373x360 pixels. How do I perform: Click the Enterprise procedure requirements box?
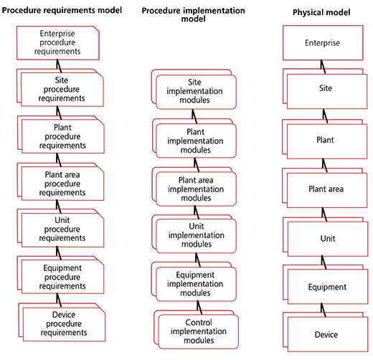pyautogui.click(x=58, y=43)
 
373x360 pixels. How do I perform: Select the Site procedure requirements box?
pyautogui.click(x=60, y=87)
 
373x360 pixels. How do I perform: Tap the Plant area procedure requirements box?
pyautogui.click(x=60, y=182)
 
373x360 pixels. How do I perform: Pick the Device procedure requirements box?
pyautogui.click(x=62, y=323)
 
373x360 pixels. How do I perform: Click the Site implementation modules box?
pyautogui.click(x=194, y=90)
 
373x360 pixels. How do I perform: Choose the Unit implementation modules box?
pyautogui.click(x=194, y=234)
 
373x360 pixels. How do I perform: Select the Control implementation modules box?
pyautogui.click(x=197, y=330)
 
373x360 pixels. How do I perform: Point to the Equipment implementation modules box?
pyautogui.click(x=194, y=282)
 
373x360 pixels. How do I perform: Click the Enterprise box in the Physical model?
pyautogui.click(x=323, y=43)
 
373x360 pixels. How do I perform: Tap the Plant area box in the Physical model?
pyautogui.click(x=325, y=188)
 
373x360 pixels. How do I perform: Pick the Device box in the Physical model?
pyautogui.click(x=326, y=332)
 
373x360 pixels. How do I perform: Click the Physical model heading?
pyautogui.click(x=321, y=12)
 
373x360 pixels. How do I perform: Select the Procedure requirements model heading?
pyautogui.click(x=62, y=10)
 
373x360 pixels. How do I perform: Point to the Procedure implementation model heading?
pyautogui.click(x=193, y=14)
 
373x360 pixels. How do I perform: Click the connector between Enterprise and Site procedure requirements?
pyautogui.click(x=59, y=66)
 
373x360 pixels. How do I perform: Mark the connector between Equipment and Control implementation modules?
pyautogui.click(x=199, y=308)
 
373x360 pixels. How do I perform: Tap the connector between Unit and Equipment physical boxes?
pyautogui.click(x=324, y=262)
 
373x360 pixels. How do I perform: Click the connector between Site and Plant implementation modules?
pyautogui.click(x=194, y=116)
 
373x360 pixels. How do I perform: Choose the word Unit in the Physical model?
pyautogui.click(x=328, y=238)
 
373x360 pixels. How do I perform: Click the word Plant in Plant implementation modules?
pyautogui.click(x=195, y=132)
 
